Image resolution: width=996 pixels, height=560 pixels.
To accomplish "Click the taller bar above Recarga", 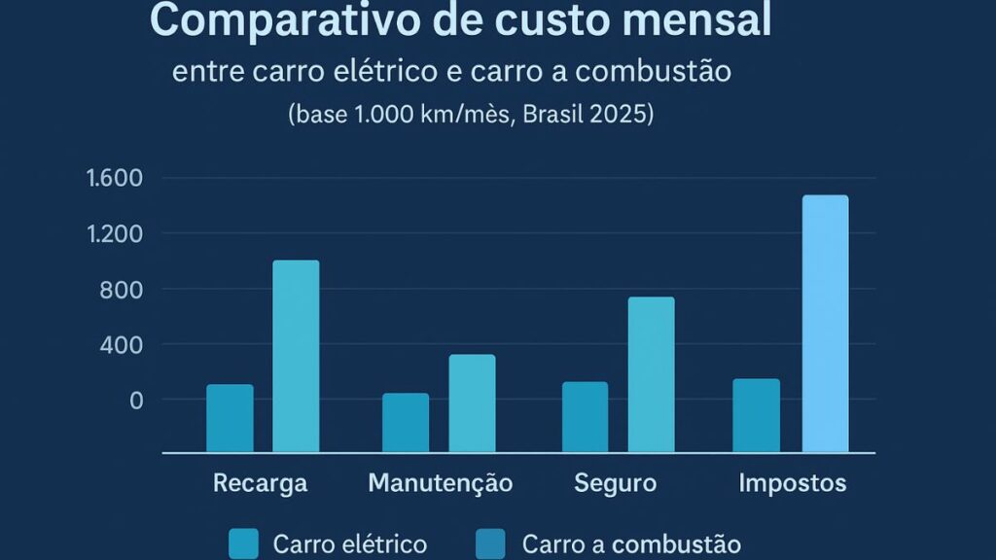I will click(x=296, y=356).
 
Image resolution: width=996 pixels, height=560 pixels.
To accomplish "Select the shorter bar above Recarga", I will click(x=230, y=418).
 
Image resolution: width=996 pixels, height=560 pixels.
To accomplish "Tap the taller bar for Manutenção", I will click(x=472, y=403).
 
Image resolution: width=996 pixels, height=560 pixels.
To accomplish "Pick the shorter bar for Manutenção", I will click(x=406, y=423).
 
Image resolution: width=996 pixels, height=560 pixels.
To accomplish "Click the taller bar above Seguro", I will click(x=651, y=374).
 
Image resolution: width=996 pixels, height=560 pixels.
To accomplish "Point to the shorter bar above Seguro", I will click(x=585, y=417).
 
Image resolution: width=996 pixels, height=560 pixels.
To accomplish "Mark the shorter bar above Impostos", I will click(x=756, y=415).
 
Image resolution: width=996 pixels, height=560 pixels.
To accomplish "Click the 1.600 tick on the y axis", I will click(x=115, y=178).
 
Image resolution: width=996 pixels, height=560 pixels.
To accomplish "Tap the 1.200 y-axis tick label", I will click(x=115, y=233).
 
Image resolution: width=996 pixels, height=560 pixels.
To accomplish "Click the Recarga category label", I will click(x=260, y=483).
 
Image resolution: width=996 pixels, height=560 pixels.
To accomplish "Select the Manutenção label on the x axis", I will click(x=440, y=483).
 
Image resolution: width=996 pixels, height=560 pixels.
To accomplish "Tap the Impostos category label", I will click(x=792, y=483).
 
